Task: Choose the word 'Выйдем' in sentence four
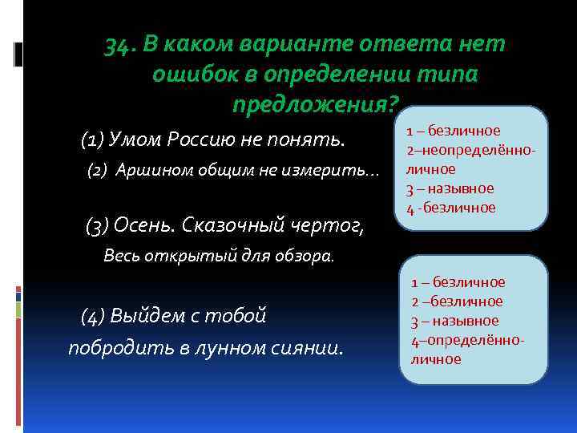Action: coord(147,315)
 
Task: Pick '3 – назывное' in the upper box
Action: coord(450,188)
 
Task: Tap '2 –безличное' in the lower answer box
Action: coord(457,301)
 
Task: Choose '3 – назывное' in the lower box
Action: coord(455,321)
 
